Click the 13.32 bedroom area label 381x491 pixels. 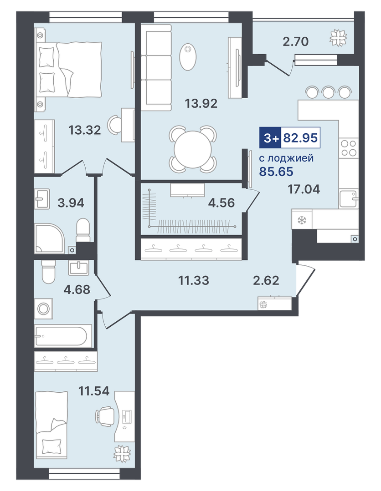tap(85, 130)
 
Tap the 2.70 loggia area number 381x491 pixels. tap(296, 41)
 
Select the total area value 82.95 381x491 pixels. tap(300, 137)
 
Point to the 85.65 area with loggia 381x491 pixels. tap(276, 172)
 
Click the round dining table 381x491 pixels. tap(193, 149)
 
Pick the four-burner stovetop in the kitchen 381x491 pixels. tap(349, 148)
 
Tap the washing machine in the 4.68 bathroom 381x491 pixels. tap(44, 309)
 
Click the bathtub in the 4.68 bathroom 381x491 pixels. tap(61, 336)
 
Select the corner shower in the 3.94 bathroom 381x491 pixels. tap(50, 238)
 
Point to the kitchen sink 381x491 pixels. tap(349, 198)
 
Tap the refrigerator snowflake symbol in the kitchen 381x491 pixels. tap(301, 220)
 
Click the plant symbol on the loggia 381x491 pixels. tap(338, 38)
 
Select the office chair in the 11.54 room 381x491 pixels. tap(105, 416)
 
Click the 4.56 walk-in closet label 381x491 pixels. tap(221, 203)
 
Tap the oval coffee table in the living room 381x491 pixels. tap(188, 57)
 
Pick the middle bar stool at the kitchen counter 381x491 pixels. tap(328, 92)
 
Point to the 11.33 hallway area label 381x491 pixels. tap(194, 280)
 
